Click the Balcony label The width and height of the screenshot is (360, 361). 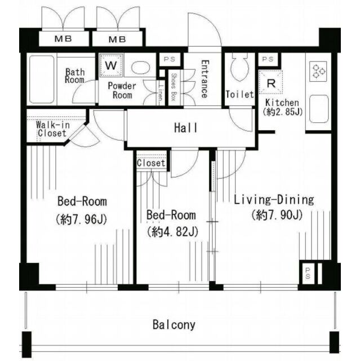pos(174,325)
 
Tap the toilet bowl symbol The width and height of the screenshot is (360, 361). pos(240,67)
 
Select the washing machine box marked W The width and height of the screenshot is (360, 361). pos(112,65)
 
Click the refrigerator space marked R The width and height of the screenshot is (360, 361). pos(271,82)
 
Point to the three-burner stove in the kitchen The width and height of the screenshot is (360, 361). pos(318,71)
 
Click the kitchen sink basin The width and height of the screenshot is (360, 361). pos(319,109)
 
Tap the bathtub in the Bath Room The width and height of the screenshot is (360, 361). pos(42,80)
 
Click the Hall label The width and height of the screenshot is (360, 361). pos(185,128)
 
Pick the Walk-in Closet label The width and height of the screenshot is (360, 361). pos(52,129)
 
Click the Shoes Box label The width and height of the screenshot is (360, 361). pos(174,87)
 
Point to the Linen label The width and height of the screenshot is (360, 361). pos(161,94)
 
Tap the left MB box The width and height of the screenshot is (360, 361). pos(64,39)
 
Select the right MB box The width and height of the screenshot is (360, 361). pos(118,39)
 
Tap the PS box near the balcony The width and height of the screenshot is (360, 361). pos(308,273)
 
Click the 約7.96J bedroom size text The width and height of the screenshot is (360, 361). pos(81,219)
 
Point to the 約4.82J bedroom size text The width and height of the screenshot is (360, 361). pos(172,232)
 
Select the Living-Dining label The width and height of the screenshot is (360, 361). pos(274,200)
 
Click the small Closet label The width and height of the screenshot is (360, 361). pos(151,163)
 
